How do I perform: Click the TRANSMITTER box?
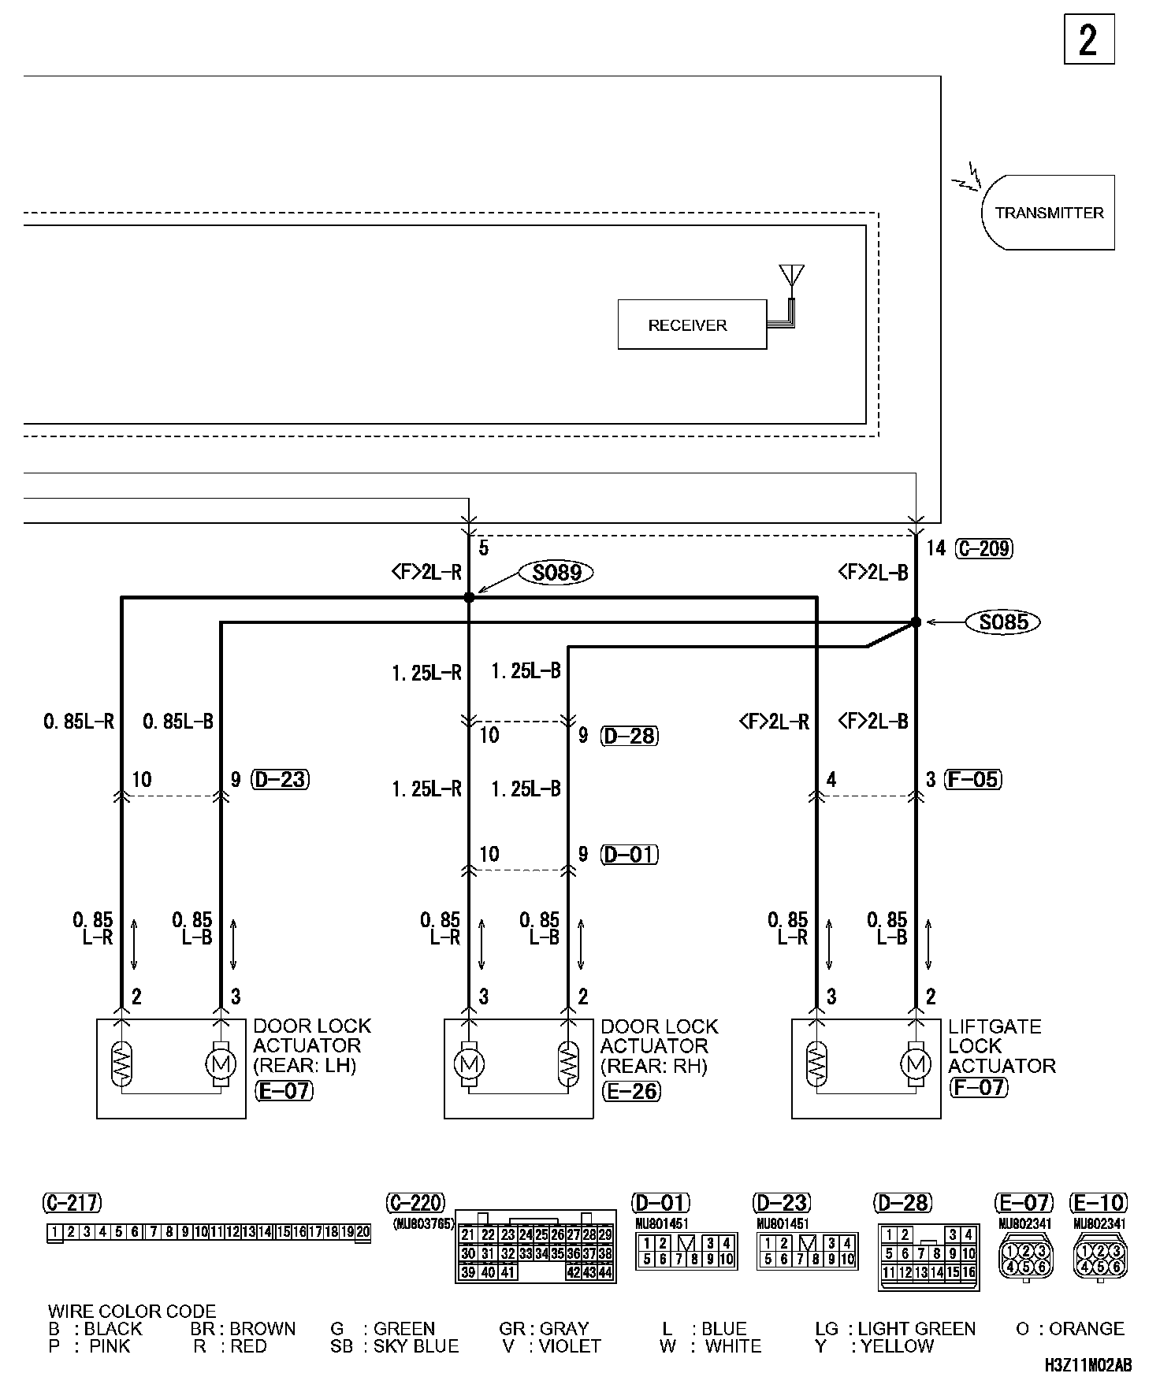click(1048, 213)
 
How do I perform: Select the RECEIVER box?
click(691, 325)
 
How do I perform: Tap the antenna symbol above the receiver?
click(791, 277)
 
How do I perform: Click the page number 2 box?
click(1088, 39)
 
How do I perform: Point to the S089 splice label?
click(556, 573)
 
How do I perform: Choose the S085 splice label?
click(1003, 622)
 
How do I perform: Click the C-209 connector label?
click(983, 548)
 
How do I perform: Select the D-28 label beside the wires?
click(629, 736)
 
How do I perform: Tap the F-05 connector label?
click(972, 780)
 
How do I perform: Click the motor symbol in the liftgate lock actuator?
click(915, 1065)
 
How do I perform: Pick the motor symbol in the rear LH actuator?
click(220, 1065)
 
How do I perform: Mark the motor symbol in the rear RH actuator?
click(469, 1065)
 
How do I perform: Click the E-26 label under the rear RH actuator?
click(630, 1091)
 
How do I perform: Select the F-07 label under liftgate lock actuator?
click(978, 1088)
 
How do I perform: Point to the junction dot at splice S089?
click(469, 598)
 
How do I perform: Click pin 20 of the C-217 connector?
click(362, 1232)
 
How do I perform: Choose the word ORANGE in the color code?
click(1087, 1329)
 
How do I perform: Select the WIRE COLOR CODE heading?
click(132, 1312)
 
